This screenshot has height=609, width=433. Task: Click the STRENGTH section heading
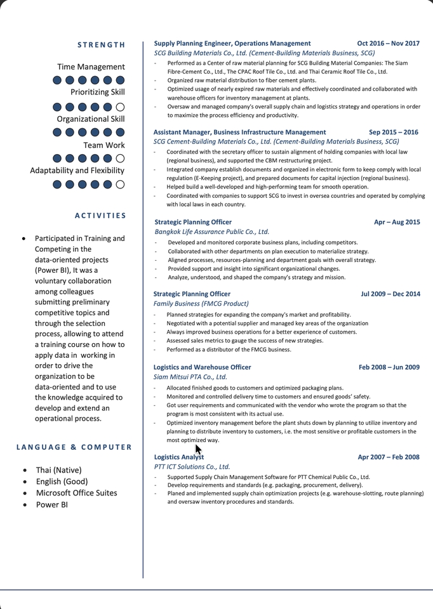coord(102,45)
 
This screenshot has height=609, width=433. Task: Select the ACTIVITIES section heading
coord(100,216)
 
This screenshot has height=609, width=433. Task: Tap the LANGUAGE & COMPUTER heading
coord(74,447)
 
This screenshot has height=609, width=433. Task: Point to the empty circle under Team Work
coord(121,159)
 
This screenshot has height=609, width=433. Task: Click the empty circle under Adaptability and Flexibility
coord(121,185)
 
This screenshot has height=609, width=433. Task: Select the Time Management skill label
coord(91,67)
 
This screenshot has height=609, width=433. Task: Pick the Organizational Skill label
coord(91,119)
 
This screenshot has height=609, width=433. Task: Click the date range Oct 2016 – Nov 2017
coord(388,44)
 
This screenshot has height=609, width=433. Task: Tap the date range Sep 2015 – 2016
coord(394,133)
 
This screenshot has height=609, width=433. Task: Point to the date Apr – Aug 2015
coord(397,223)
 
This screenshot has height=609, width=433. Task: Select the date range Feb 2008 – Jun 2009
coord(389,367)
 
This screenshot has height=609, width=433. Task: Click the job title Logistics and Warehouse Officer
coord(202,367)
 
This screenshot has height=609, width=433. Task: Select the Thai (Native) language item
coord(58,470)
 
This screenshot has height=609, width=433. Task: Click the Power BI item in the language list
coord(51,505)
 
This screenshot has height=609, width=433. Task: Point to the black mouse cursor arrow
coord(198,450)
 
